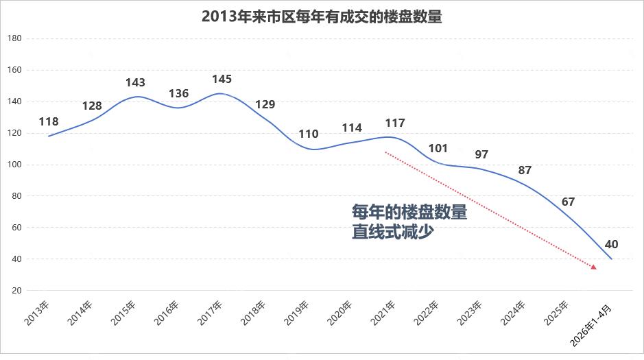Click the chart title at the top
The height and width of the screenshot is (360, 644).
click(322, 17)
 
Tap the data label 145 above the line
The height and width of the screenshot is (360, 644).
click(222, 79)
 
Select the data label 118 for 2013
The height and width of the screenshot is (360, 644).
click(49, 121)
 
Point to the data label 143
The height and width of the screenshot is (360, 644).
click(135, 82)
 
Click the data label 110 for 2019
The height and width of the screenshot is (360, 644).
click(309, 134)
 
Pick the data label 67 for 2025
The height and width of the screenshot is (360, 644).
click(568, 202)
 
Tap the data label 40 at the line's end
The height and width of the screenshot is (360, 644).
click(611, 244)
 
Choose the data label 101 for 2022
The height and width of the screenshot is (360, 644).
click(438, 148)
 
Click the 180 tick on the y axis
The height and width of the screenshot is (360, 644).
click(14, 38)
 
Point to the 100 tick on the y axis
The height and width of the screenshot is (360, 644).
click(14, 165)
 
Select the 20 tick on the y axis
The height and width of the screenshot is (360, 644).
click(16, 291)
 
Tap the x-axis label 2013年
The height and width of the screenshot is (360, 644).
click(36, 313)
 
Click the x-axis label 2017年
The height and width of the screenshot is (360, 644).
click(210, 313)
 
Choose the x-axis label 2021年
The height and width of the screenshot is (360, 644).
click(383, 313)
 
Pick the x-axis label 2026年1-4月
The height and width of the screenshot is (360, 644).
click(591, 326)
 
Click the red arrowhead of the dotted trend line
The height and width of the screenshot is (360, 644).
click(594, 267)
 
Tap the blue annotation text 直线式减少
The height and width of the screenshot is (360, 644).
click(393, 232)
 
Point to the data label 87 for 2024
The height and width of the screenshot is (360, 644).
click(525, 170)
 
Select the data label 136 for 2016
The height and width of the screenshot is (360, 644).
click(179, 93)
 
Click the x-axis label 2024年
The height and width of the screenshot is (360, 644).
click(512, 313)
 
